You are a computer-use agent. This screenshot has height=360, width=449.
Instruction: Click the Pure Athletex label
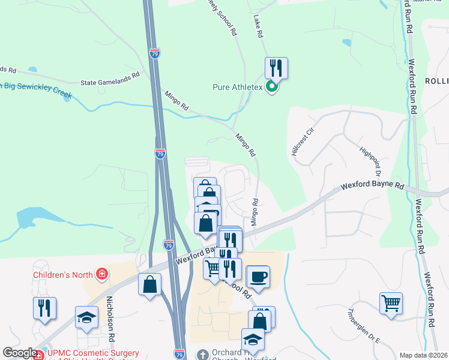tap(238, 88)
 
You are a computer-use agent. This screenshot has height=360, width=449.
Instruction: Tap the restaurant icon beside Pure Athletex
tap(276, 67)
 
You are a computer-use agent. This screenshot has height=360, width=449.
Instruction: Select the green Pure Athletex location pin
tap(272, 88)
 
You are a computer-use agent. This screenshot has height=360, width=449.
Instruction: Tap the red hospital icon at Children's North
tap(103, 275)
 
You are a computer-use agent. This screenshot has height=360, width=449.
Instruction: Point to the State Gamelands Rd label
tap(110, 79)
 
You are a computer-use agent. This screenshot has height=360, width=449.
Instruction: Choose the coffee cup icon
tap(258, 277)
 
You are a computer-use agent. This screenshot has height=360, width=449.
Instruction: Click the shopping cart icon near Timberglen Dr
tap(391, 303)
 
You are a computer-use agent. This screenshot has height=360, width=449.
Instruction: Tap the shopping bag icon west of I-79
tap(149, 284)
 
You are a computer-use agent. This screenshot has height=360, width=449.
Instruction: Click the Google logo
tap(19, 353)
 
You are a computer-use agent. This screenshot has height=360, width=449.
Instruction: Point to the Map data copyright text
tap(423, 355)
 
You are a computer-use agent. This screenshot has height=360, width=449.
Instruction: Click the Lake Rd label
tap(259, 27)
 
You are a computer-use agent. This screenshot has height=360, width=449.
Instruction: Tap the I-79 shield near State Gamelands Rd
tap(154, 54)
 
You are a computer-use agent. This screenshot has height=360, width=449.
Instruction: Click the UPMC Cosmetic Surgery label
tap(92, 353)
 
